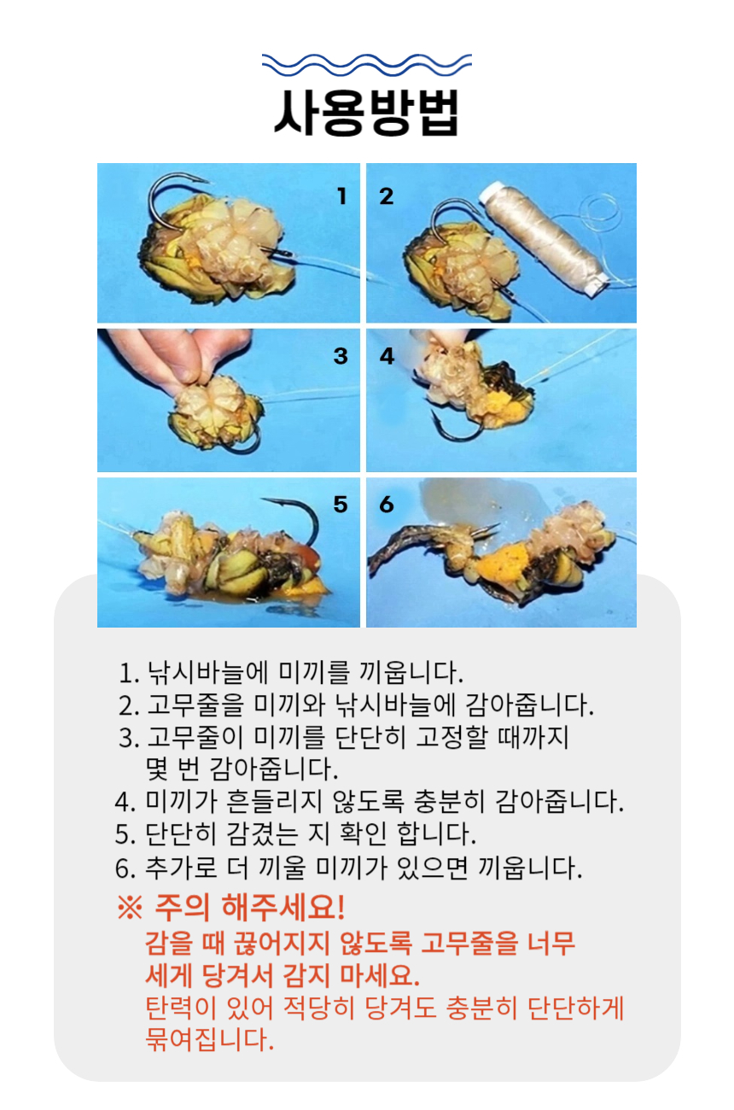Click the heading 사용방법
tap(366, 112)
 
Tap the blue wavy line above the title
tap(366, 64)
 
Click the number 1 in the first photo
tap(341, 196)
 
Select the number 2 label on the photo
tap(387, 196)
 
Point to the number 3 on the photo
tap(341, 356)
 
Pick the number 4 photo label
tap(387, 356)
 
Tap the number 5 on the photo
tap(341, 505)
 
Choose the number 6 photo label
tap(387, 505)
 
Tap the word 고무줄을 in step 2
tap(195, 704)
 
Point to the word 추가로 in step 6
tap(181, 868)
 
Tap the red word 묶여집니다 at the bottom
tap(209, 1039)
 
